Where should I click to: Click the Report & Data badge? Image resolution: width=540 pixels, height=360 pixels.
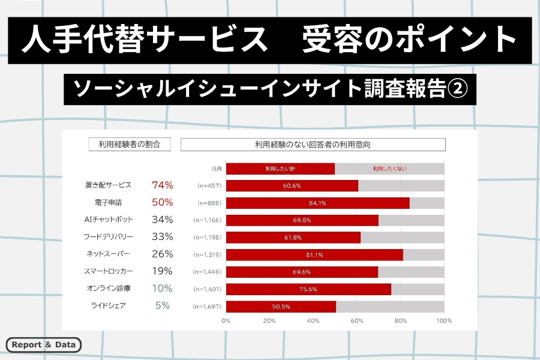44,345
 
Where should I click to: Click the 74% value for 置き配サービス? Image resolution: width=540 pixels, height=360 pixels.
162,185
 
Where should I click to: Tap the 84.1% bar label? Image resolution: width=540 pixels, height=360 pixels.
317,203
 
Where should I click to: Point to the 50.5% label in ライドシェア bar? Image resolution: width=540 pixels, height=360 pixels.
281,306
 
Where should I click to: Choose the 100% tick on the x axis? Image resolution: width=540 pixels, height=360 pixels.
444,320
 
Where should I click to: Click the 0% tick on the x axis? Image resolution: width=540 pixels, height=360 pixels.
226,320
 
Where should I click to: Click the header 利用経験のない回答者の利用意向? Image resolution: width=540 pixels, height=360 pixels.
313,145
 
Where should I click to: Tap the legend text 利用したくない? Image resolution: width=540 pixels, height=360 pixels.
389,169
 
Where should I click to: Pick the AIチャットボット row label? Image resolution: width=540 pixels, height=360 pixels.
109,220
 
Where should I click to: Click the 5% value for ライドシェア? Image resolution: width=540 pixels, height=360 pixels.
162,305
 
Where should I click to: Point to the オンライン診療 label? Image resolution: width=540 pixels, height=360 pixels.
109,289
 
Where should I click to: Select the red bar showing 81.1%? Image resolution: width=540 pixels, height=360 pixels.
314,254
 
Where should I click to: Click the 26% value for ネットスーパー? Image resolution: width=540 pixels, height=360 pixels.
162,254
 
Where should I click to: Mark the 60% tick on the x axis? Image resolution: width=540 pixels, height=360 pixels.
357,320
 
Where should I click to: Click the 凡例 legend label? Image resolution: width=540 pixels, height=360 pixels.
217,169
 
